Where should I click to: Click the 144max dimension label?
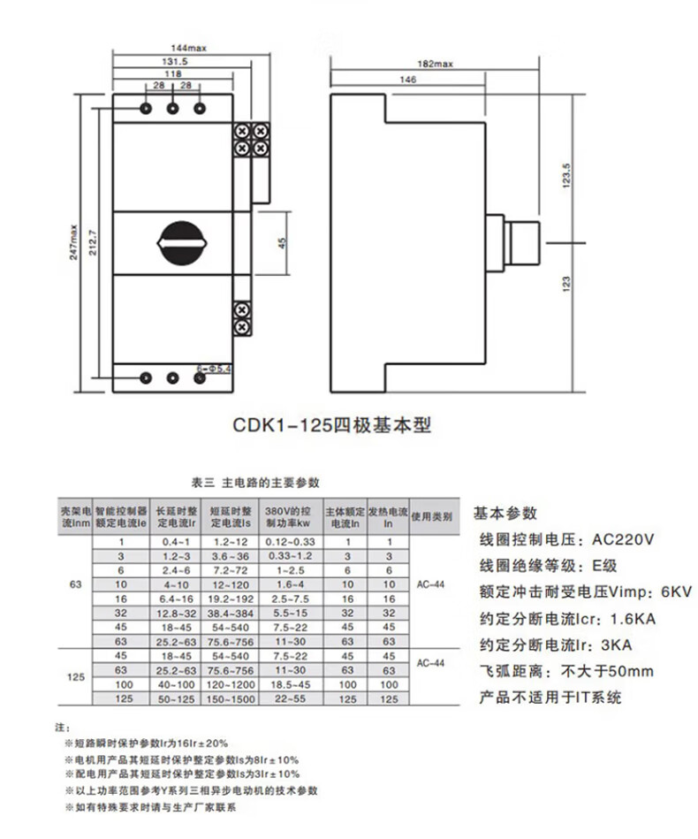tap(187, 49)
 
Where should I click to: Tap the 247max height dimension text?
tap(77, 240)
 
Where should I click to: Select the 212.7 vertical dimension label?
tap(93, 240)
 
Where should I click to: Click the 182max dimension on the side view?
tap(433, 65)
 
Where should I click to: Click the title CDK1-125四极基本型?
tap(331, 424)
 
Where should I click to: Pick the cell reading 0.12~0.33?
tap(291, 541)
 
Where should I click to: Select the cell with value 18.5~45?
tap(291, 684)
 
